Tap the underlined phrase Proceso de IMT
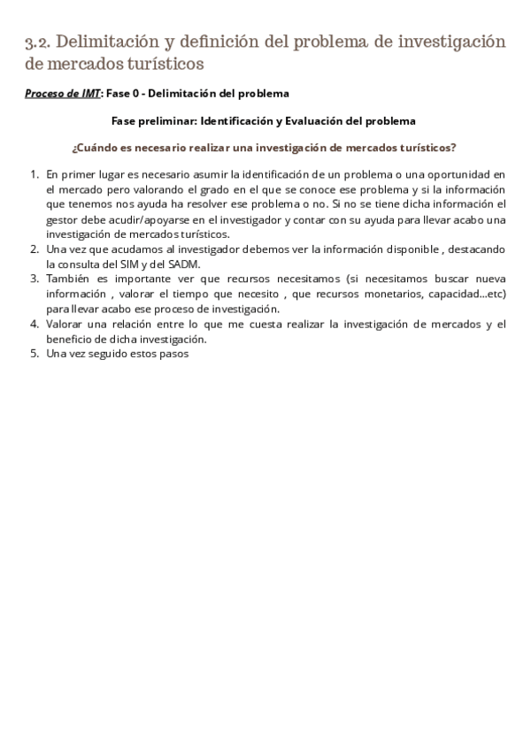coord(62,93)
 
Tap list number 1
coord(35,174)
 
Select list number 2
coord(35,249)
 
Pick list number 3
coord(35,279)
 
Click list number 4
coord(35,325)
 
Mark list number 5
coord(35,355)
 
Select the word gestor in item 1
coord(61,219)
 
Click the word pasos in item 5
coord(171,355)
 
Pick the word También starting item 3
coord(71,279)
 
